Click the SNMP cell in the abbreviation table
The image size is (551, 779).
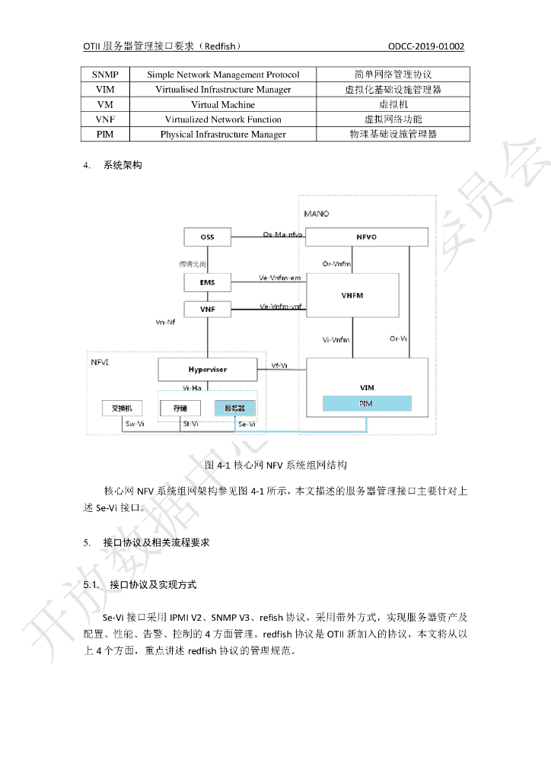click(x=105, y=75)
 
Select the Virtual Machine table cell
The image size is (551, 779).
click(x=222, y=104)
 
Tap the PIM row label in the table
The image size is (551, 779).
click(x=105, y=134)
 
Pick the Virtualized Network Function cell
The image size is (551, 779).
click(x=222, y=119)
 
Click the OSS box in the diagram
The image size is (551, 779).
click(x=207, y=237)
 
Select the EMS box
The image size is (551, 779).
click(x=207, y=282)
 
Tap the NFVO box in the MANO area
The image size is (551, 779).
click(x=366, y=237)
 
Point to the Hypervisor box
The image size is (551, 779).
click(x=207, y=370)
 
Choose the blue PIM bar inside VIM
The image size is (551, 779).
click(x=366, y=403)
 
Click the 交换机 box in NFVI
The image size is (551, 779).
click(x=122, y=409)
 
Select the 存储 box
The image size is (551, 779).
click(x=180, y=409)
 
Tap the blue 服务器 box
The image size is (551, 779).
click(x=235, y=409)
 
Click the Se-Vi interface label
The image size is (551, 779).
click(x=247, y=424)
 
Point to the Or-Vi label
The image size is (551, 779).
click(x=397, y=339)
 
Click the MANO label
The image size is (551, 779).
click(x=317, y=214)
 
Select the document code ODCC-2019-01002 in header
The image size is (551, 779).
click(x=425, y=46)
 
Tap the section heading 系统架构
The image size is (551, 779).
click(x=123, y=164)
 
